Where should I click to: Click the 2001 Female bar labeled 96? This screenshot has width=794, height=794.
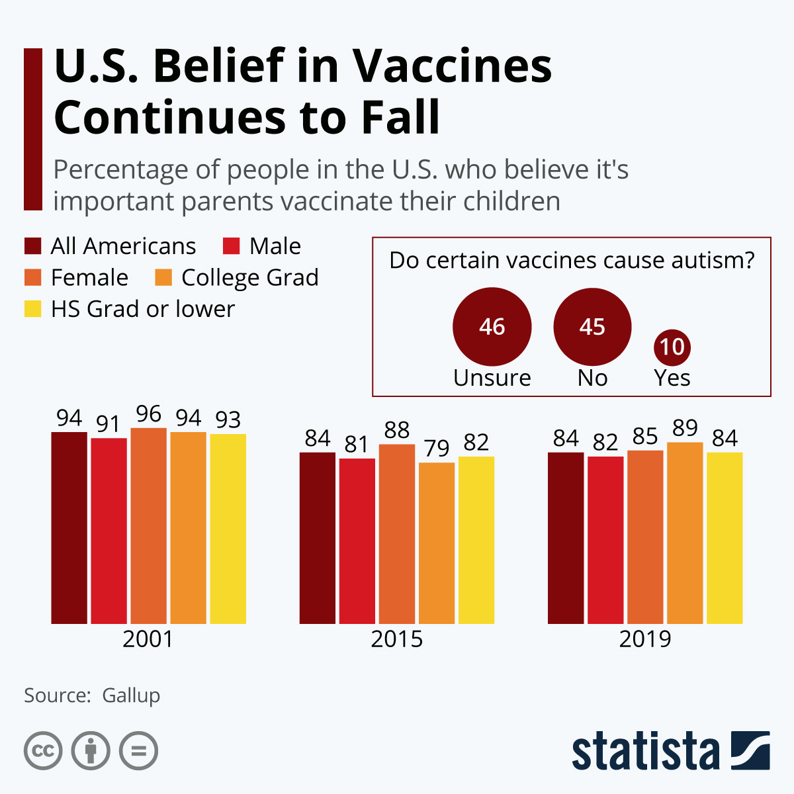click(148, 526)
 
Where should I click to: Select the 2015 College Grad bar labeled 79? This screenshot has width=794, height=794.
click(437, 543)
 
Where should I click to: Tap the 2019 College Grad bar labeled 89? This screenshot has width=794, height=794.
click(685, 533)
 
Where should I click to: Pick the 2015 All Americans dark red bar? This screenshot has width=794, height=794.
click(318, 538)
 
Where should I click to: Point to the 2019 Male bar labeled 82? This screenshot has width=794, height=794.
click(605, 540)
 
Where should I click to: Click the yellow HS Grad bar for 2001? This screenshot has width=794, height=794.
click(228, 529)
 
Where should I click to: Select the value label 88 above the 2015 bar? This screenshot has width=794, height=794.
click(396, 430)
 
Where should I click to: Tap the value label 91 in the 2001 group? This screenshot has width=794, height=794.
click(108, 424)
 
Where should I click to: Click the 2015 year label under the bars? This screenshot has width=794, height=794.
click(396, 639)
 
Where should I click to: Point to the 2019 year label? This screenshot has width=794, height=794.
click(645, 639)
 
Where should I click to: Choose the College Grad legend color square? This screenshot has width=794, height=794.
click(163, 277)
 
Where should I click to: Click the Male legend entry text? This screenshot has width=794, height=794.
click(275, 246)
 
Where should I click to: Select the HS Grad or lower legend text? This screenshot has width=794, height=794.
click(142, 309)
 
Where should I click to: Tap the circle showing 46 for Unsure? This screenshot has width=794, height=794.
click(492, 327)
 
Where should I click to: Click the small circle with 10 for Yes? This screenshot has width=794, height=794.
click(672, 347)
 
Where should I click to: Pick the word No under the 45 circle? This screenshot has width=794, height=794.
click(592, 378)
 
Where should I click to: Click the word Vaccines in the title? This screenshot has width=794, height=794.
click(452, 66)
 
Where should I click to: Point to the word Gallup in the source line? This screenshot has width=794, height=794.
click(131, 695)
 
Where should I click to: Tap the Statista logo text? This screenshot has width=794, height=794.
click(645, 751)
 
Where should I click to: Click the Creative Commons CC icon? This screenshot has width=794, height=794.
click(43, 751)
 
